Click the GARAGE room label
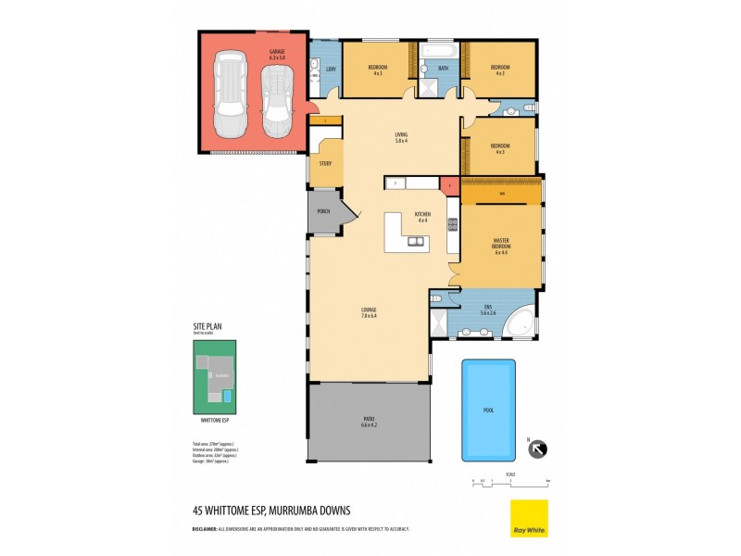click(x=276, y=51)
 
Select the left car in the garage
click(x=229, y=94)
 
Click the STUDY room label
click(x=325, y=163)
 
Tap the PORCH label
click(x=323, y=211)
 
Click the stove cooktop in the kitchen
click(x=453, y=223)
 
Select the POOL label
click(x=489, y=409)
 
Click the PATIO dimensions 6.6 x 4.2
click(x=369, y=425)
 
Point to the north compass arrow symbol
click(x=538, y=449)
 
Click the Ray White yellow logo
click(x=529, y=518)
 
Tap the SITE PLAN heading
click(x=207, y=326)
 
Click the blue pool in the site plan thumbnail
click(x=228, y=396)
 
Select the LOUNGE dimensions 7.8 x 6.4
click(x=369, y=314)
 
